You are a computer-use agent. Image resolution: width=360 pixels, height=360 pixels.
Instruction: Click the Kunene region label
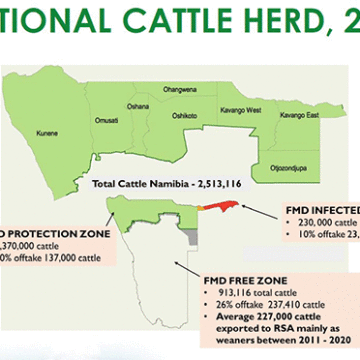point(46,131)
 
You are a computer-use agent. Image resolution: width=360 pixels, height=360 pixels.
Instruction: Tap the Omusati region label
point(106,120)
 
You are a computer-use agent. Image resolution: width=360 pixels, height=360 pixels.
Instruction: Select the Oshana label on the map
point(138,105)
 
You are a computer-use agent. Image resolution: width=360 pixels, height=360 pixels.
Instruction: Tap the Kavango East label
point(299,116)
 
